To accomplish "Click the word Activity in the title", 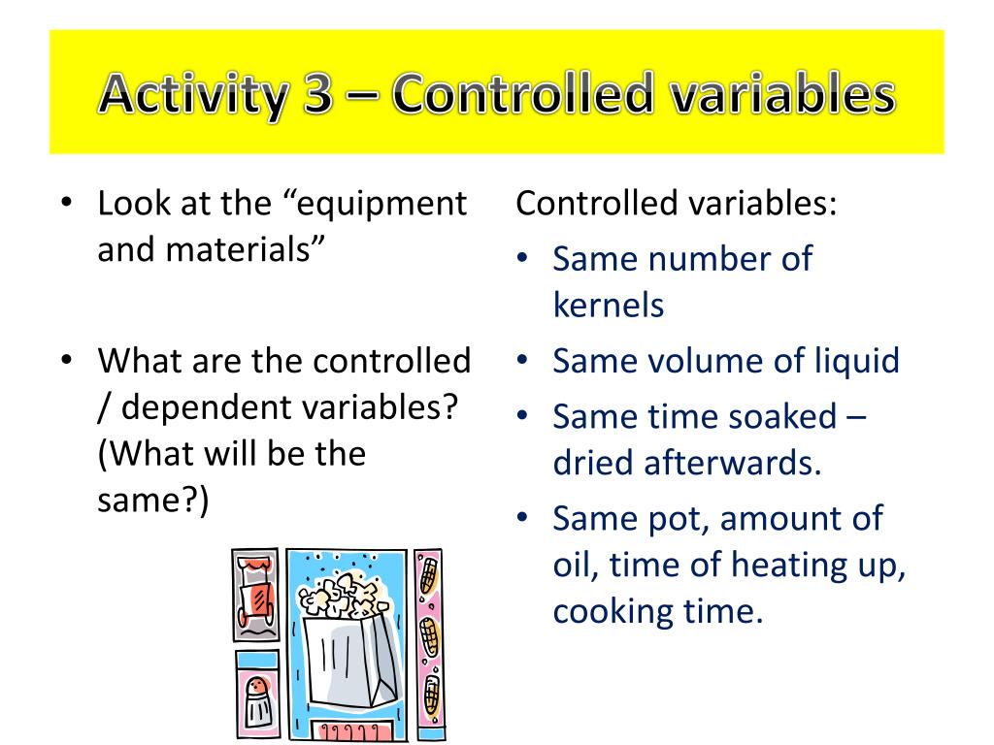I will [193, 95].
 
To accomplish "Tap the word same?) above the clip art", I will [152, 501].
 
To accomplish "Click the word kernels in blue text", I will [609, 306].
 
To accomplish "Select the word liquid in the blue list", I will [852, 362].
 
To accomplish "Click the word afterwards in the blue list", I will [733, 463].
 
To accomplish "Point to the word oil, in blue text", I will [577, 566].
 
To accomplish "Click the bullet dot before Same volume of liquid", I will [522, 362].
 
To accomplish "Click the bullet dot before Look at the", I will [67, 205].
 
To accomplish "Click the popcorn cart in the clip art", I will [255, 594].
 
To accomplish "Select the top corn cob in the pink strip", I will [428, 576].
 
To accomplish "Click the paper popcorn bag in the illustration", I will [351, 650].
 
